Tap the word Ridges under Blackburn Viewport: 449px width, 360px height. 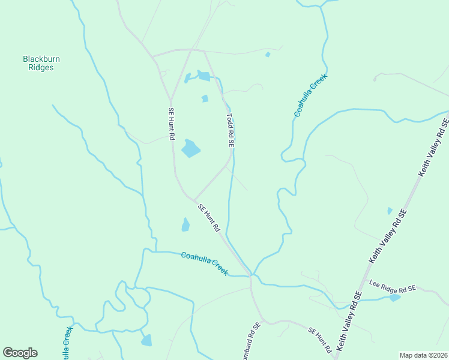tap(41, 68)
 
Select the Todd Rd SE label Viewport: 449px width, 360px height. tap(229, 131)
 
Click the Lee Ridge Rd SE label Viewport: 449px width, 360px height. tap(393, 286)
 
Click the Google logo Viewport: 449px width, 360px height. tap(20, 353)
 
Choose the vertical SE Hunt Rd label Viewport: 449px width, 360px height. tap(171, 124)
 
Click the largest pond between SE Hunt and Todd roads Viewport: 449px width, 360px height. tap(191, 148)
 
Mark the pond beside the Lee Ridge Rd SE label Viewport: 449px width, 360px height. tap(394, 298)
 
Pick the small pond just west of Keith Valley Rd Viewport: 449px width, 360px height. tap(390, 211)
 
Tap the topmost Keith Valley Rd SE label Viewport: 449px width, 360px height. tap(433, 147)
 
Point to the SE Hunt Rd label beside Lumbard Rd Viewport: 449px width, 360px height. tap(320, 340)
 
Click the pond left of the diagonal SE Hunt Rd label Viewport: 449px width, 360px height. tap(185, 225)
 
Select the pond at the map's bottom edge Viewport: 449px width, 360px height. tap(146, 340)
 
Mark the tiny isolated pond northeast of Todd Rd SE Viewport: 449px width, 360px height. tap(267, 55)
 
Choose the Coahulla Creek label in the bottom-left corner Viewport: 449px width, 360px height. tap(65, 343)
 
